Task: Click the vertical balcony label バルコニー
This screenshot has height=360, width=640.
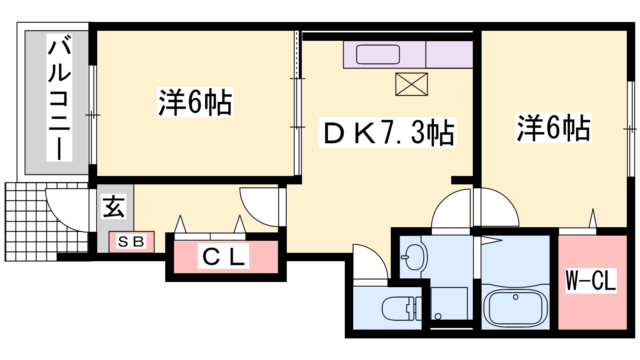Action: (x=59, y=98)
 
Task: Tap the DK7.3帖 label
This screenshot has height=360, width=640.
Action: (x=388, y=132)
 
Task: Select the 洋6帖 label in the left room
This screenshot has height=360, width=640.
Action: (x=195, y=102)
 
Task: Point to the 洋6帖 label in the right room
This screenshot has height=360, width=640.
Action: (x=554, y=128)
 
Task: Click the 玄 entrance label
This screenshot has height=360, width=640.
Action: (x=114, y=207)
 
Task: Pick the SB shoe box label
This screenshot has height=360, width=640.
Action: (x=131, y=242)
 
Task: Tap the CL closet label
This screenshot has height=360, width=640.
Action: (x=224, y=256)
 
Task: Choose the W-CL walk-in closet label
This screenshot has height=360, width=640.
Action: (x=591, y=280)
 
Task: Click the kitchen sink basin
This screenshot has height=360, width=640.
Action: (x=378, y=54)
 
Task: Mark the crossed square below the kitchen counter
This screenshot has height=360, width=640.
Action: (x=412, y=84)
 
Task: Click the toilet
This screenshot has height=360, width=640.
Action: (x=402, y=308)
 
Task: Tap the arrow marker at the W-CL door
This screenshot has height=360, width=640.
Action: (x=593, y=218)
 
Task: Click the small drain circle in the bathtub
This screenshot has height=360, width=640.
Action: (x=516, y=297)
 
